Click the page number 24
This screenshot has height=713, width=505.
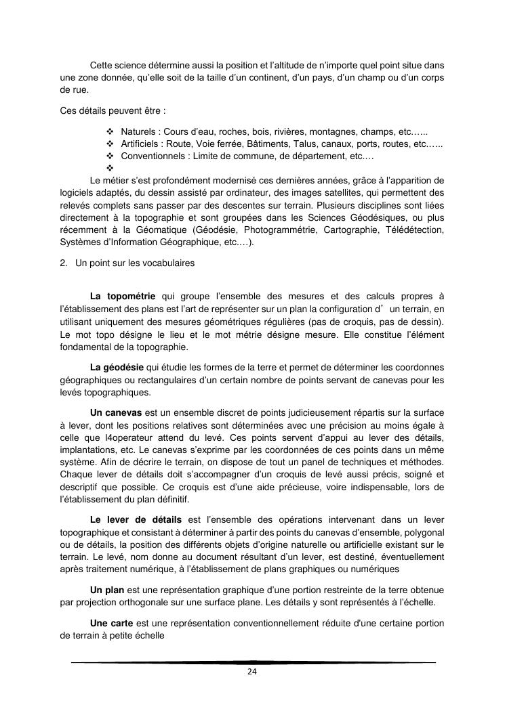251,672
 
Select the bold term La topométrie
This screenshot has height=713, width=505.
123,296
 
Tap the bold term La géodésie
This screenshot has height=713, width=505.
118,367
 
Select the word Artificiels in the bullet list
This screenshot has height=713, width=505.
141,144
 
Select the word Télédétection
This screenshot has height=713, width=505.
415,231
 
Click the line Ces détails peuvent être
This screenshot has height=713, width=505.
103,110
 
